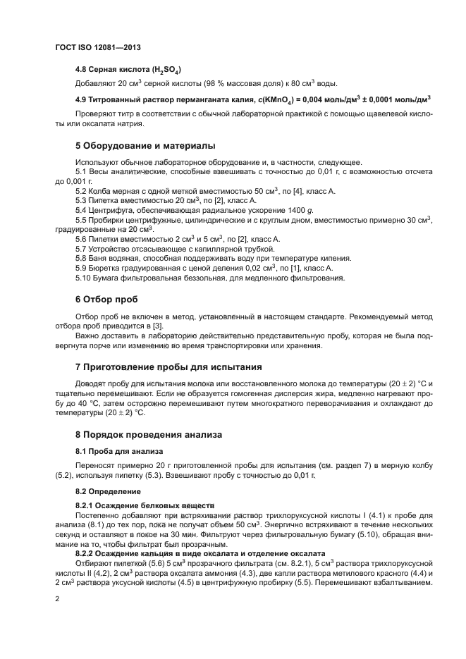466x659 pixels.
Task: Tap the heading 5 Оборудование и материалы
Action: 145,145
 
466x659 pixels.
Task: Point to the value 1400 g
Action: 298,210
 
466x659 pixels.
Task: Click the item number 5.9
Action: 81,268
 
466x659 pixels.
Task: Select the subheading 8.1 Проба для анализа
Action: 119,450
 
